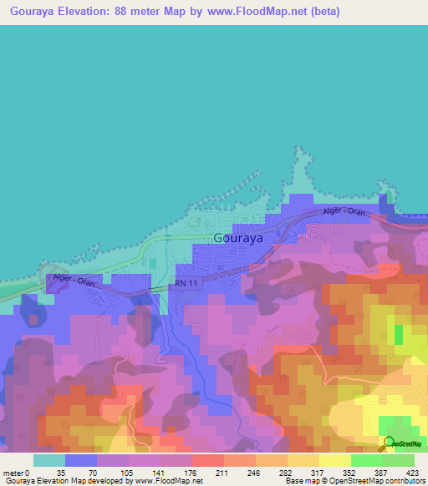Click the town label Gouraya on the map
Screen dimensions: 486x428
click(238, 237)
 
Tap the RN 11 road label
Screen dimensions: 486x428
click(187, 285)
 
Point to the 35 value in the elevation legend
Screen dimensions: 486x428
click(60, 473)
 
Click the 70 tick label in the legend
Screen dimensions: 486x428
click(93, 473)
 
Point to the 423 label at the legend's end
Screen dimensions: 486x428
click(412, 473)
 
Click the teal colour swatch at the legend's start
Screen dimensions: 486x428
click(48, 460)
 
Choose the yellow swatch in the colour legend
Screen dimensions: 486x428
click(334, 460)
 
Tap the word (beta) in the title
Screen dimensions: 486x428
click(323, 12)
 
